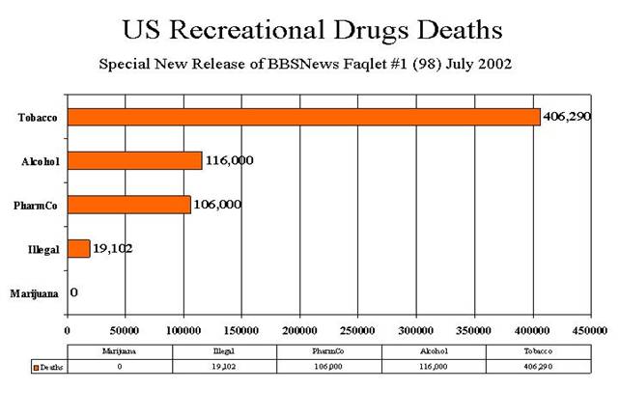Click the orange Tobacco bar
(303, 117)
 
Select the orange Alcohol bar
(134, 160)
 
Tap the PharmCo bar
(128, 205)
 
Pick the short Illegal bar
(78, 249)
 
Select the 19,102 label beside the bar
(113, 248)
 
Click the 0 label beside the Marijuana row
(73, 292)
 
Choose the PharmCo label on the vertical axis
(39, 206)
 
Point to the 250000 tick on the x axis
(358, 330)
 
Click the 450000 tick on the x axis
(590, 330)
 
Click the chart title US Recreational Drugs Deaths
(310, 29)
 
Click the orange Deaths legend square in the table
(34, 368)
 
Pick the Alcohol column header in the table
(435, 351)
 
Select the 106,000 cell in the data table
(329, 367)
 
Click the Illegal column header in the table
(224, 351)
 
